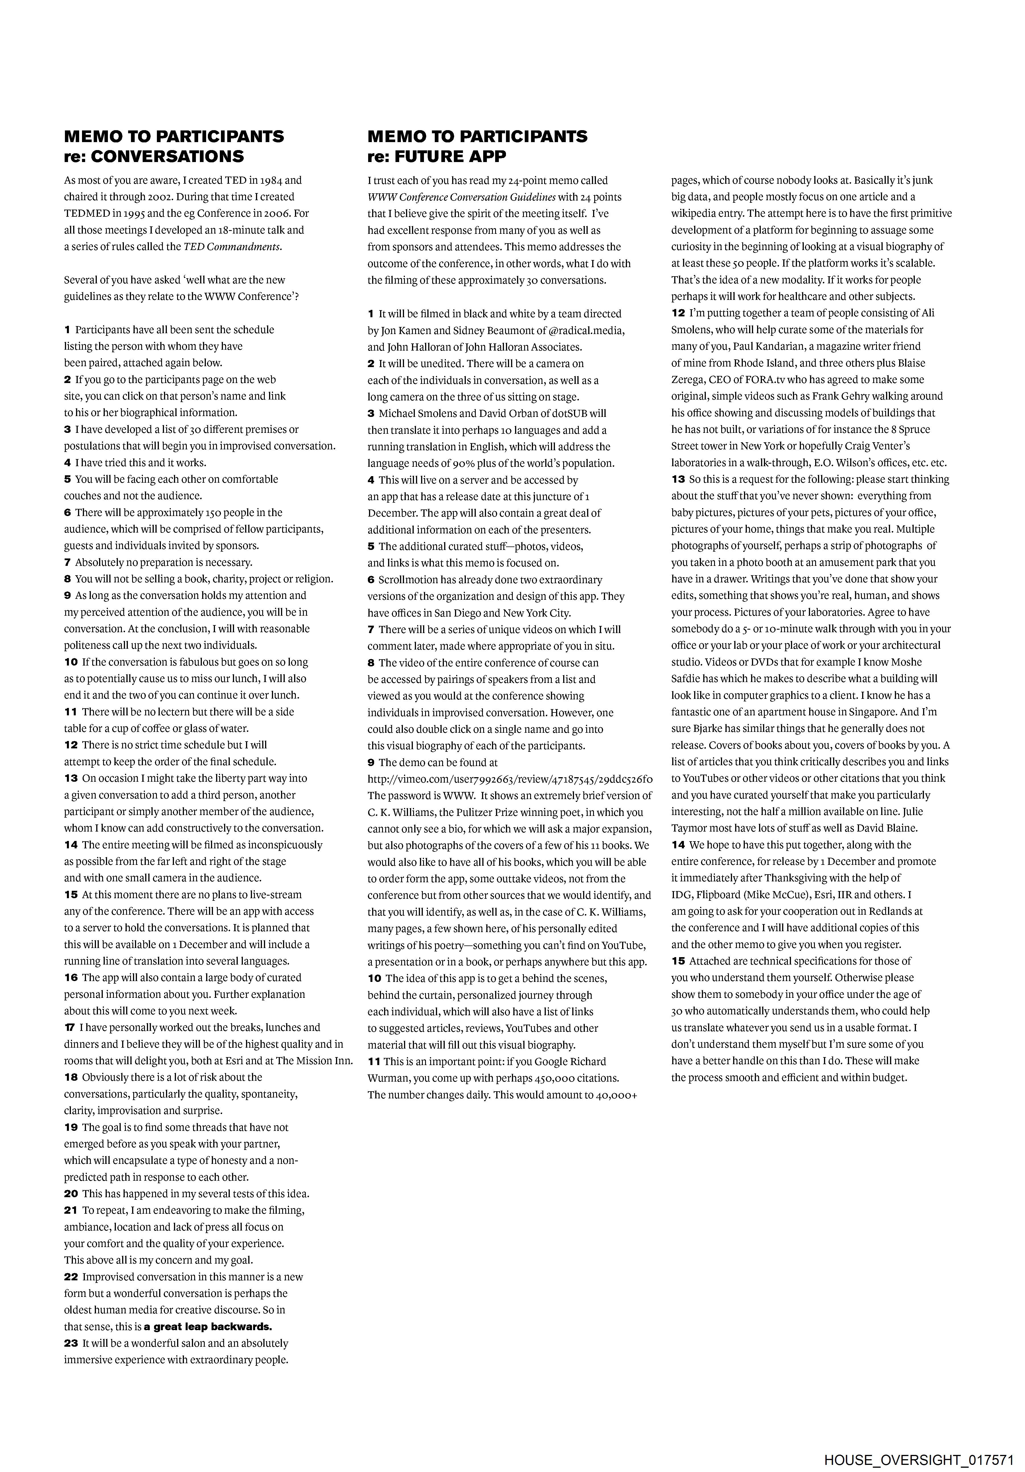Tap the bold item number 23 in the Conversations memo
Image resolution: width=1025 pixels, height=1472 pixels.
click(x=71, y=1343)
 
